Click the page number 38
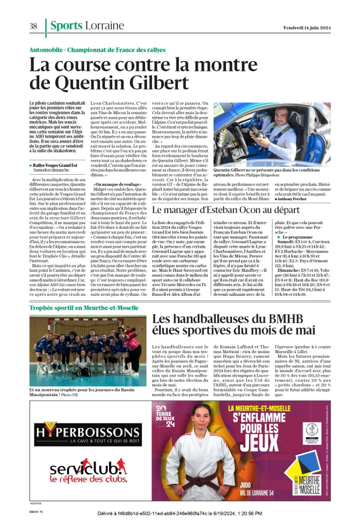click(x=33, y=27)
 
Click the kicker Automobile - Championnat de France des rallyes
click(x=97, y=50)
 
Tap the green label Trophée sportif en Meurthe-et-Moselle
click(x=77, y=294)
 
